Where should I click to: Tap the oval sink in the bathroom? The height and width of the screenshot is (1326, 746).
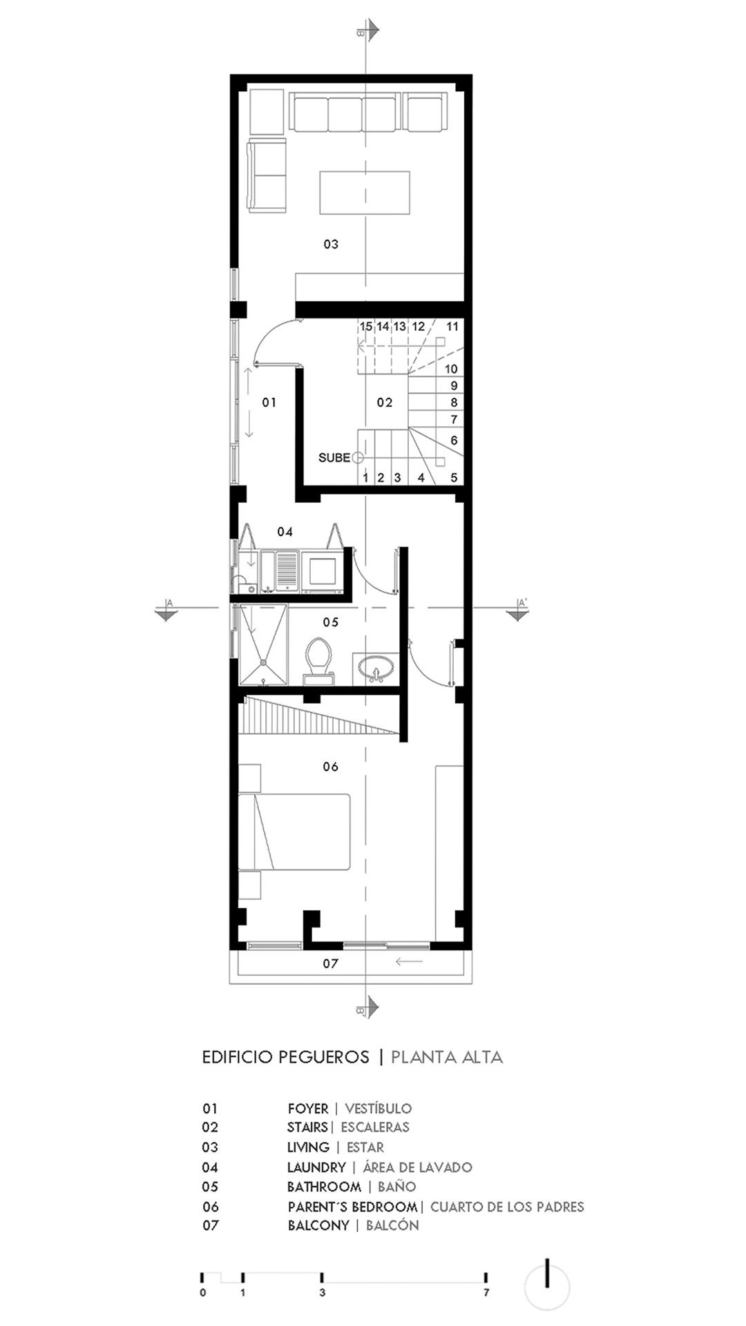pos(376,669)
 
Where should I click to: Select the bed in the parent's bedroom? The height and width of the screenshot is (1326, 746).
pos(294,832)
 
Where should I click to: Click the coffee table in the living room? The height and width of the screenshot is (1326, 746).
pos(365,193)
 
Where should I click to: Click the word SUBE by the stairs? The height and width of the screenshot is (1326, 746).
pos(334,458)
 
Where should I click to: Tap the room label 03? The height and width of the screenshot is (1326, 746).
pos(331,244)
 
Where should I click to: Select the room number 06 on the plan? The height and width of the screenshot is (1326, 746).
pos(331,767)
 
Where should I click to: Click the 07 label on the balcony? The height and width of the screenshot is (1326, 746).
pos(331,963)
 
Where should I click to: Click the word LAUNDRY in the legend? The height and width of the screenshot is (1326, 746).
pos(316,1167)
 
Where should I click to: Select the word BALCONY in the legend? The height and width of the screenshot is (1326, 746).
pos(318,1225)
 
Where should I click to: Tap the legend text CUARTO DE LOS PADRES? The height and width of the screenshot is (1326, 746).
pos(507,1207)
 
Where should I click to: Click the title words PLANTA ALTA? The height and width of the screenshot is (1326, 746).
pos(447,1057)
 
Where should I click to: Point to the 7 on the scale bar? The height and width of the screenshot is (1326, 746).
pos(486,1292)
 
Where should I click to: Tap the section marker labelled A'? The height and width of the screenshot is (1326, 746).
pos(517,608)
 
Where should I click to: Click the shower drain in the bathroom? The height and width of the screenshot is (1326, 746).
pos(263,662)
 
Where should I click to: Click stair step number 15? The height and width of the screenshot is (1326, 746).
pos(366,327)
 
